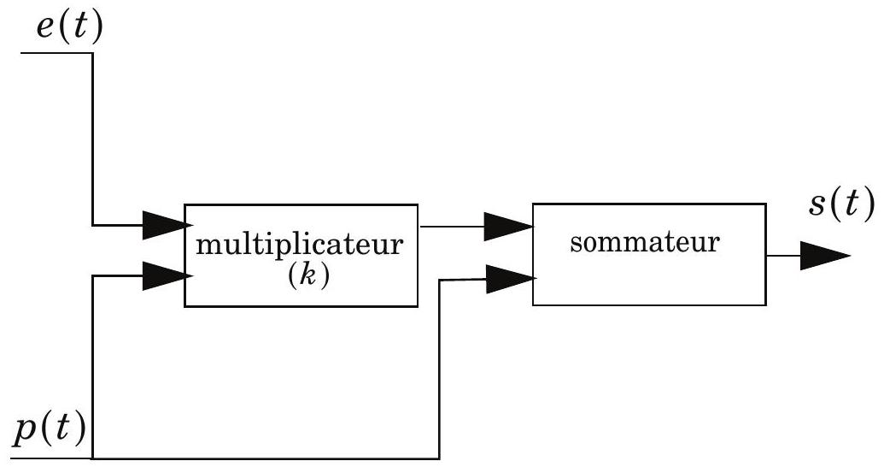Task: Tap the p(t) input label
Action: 50,431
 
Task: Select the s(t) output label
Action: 841,204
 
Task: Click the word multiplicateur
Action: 300,245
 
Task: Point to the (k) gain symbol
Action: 307,276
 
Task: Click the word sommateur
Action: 644,242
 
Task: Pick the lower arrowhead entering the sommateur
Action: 510,279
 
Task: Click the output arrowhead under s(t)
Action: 825,256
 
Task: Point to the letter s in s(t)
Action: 817,206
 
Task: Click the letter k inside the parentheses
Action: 307,277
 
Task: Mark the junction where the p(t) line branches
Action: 92,458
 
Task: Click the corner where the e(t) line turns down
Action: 92,53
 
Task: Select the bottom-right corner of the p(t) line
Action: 439,458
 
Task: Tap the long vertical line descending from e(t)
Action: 92,139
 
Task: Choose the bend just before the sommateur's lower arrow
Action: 440,280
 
